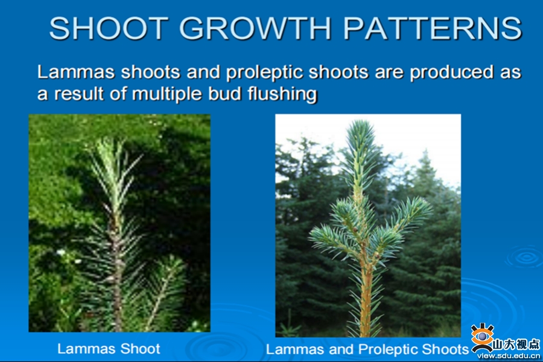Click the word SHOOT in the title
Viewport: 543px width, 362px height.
point(109,28)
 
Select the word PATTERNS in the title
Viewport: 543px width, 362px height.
point(432,28)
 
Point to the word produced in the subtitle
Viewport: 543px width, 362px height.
point(451,73)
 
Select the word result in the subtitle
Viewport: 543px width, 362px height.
point(79,94)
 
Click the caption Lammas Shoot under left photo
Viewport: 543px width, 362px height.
point(109,349)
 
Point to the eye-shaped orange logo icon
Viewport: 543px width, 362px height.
point(482,337)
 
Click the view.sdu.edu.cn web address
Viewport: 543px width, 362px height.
point(508,356)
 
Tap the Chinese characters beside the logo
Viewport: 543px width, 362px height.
point(516,344)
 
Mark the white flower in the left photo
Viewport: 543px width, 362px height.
point(61,252)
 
